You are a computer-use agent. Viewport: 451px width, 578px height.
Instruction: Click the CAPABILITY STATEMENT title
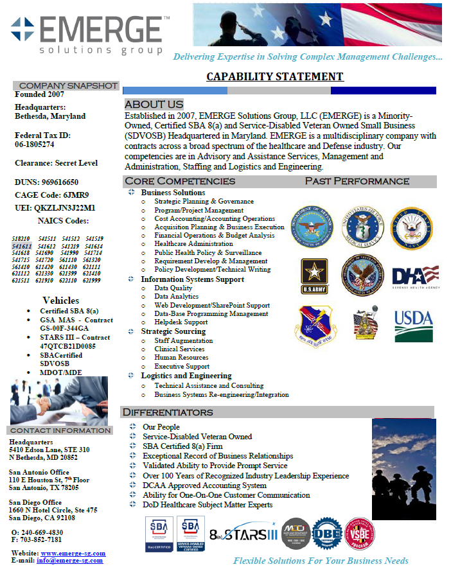tap(274, 77)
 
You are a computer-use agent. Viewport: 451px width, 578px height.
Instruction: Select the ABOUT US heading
tap(154, 104)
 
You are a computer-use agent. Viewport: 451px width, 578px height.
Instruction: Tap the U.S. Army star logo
tap(315, 276)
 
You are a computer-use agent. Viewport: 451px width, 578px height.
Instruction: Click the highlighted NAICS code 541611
tap(22, 246)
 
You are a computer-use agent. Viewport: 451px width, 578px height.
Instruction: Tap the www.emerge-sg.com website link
tap(73, 553)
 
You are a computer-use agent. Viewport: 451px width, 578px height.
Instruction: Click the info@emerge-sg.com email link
tap(69, 560)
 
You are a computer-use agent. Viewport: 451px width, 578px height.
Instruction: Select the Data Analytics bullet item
tap(176, 297)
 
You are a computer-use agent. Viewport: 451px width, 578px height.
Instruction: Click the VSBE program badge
tap(360, 534)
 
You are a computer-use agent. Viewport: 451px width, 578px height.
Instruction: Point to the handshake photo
tap(59, 401)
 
